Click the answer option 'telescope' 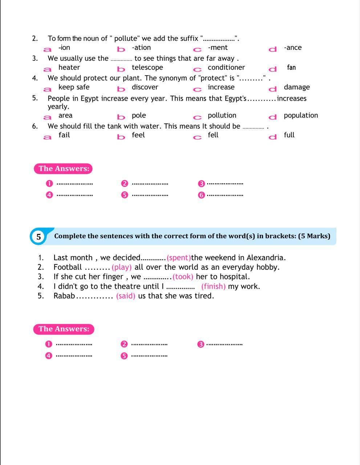pos(147,68)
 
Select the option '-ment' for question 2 pos(218,48)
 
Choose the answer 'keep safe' pos(74,87)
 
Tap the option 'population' pos(300,116)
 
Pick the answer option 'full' pos(289,135)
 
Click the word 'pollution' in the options pos(222,116)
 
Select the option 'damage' pos(296,87)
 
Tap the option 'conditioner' pos(226,68)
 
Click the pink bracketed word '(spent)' pos(179,258)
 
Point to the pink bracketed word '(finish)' pos(213,287)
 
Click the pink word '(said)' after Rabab pos(126,296)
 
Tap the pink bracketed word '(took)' pos(183,277)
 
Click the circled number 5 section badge pos(39,237)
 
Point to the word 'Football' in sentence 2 pos(68,267)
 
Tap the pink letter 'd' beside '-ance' pos(272,49)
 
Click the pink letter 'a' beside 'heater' pos(47,69)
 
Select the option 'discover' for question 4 pos(145,87)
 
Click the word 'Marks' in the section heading pos(317,236)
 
